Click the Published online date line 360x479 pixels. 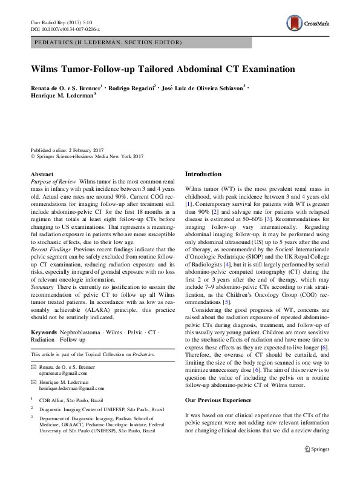[65, 150]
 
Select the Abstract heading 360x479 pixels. [42, 174]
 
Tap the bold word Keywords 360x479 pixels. [44, 332]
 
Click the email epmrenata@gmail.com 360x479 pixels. [63, 374]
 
